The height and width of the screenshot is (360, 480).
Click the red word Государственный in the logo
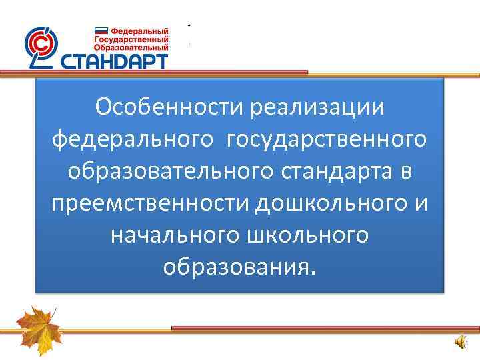pos(131,39)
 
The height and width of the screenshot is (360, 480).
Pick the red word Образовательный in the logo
pos(131,47)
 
